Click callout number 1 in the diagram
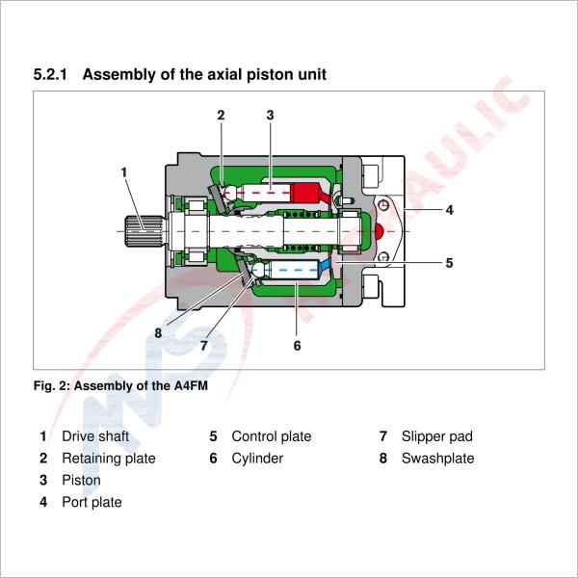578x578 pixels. [x=124, y=171]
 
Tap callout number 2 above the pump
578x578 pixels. [x=221, y=115]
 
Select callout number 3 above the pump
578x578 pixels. [x=271, y=115]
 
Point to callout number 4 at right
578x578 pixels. [x=449, y=208]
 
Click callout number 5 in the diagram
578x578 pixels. [x=449, y=261]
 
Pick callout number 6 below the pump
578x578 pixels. [x=297, y=345]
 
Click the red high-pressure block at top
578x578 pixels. [x=309, y=194]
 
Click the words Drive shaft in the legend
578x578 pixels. [x=95, y=436]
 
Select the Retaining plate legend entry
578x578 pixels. [x=108, y=459]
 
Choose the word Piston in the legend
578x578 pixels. [x=81, y=480]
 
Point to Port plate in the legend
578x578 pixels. [x=92, y=502]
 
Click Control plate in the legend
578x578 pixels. [x=271, y=436]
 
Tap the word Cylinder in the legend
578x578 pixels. [x=257, y=459]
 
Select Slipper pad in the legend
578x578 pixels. [x=436, y=436]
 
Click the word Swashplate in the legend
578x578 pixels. [x=437, y=459]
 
